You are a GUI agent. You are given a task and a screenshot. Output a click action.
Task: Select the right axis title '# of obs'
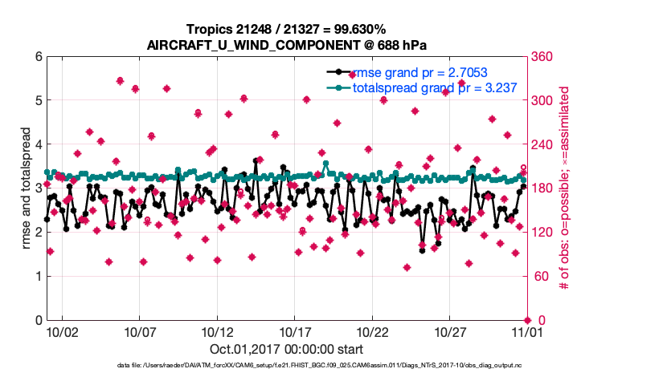click(x=565, y=188)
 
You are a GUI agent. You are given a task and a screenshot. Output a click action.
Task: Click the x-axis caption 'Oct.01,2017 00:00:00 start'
click(x=286, y=349)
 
